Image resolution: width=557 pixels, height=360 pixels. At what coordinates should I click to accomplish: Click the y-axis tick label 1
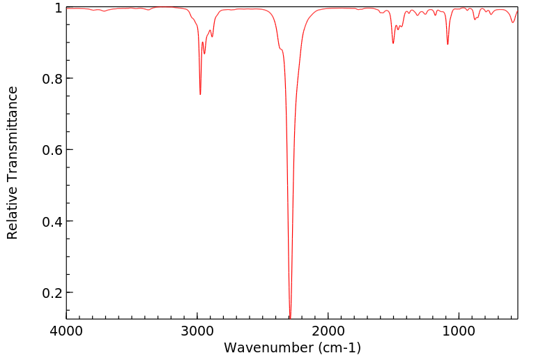tap(57, 8)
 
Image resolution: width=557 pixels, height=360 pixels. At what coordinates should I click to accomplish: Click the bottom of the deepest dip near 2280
tap(290, 317)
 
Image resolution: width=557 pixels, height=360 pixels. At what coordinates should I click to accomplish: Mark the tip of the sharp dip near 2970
tap(200, 94)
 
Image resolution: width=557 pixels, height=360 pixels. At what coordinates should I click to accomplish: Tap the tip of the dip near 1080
tap(448, 45)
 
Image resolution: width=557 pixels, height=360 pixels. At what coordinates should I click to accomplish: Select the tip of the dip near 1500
tap(393, 43)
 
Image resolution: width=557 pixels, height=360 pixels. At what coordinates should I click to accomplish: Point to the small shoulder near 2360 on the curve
tap(280, 49)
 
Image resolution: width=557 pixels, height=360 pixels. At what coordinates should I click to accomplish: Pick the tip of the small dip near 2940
tap(204, 54)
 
